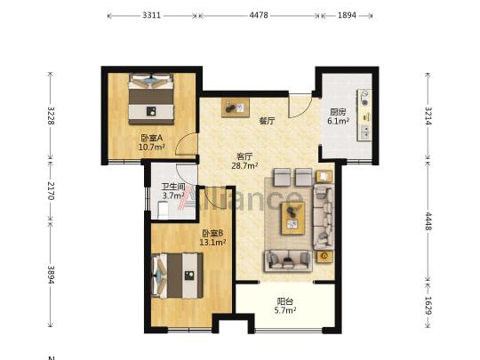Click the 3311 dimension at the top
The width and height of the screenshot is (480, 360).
(151, 15)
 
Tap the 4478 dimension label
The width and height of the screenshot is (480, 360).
(259, 15)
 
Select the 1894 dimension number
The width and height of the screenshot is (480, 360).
(347, 15)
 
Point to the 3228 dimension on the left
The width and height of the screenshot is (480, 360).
(51, 116)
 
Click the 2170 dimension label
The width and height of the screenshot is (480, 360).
(51, 191)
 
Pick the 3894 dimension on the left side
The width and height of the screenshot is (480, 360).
(51, 275)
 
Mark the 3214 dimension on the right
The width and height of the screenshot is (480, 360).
(428, 116)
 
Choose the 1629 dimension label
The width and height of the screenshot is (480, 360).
(428, 306)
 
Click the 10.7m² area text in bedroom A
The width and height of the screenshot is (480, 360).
(152, 148)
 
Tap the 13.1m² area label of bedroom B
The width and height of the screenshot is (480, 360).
(212, 243)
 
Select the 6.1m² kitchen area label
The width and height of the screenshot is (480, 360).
(339, 121)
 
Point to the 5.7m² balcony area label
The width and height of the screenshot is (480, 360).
(285, 311)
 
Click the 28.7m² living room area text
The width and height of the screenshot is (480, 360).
(244, 166)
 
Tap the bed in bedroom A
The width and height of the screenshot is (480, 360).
(151, 99)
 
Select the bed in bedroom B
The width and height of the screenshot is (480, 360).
(178, 276)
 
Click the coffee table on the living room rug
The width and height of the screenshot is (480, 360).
(292, 218)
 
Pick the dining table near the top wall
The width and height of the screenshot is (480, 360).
(236, 108)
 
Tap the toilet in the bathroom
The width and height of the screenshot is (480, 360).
(163, 210)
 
